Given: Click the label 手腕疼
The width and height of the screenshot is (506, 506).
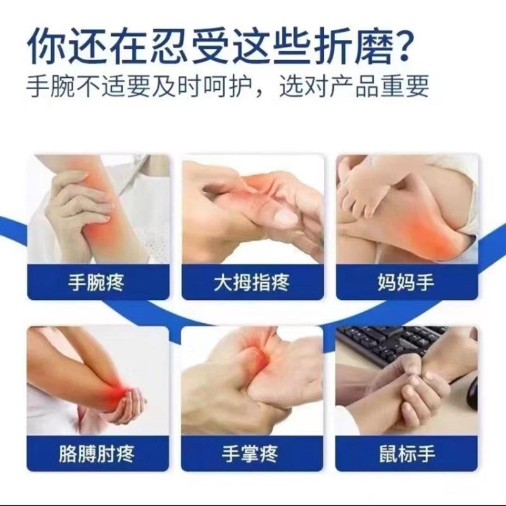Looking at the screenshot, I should (x=96, y=282).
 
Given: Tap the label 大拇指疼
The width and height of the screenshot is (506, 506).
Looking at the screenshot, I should (x=251, y=282).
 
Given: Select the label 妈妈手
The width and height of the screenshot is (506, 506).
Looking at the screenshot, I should (x=406, y=282).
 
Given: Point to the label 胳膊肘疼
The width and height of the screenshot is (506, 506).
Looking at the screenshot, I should (x=96, y=453).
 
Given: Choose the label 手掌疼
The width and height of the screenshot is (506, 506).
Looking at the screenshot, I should (x=251, y=453).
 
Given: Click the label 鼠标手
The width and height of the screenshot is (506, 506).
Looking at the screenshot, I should (x=406, y=453).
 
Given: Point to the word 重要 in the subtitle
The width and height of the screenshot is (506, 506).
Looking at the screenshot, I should (x=408, y=85).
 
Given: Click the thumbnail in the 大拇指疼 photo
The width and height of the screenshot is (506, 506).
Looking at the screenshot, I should (x=284, y=218).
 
